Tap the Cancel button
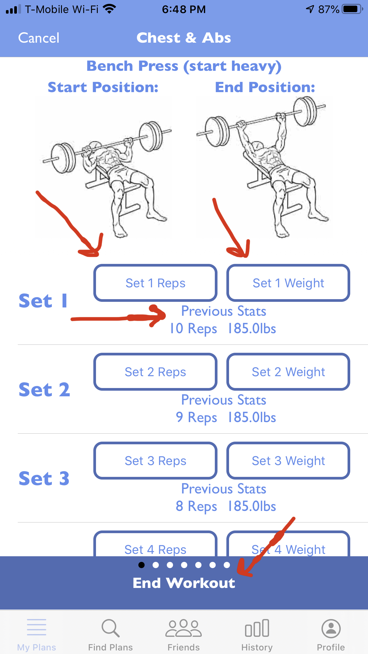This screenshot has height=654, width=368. click(39, 38)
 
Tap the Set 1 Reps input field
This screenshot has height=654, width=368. click(156, 283)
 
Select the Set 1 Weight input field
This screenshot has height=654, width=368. click(288, 283)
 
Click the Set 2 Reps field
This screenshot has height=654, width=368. click(156, 372)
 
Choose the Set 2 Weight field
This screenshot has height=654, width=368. click(288, 372)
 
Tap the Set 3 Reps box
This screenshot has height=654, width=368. click(156, 461)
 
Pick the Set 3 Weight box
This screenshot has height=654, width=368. click(288, 461)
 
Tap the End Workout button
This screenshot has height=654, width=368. click(184, 583)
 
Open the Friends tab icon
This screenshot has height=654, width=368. click(184, 628)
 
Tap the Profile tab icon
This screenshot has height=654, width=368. click(331, 628)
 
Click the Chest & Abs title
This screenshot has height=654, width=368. click(184, 38)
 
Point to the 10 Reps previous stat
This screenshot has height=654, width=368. click(193, 329)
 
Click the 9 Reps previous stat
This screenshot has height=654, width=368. click(196, 418)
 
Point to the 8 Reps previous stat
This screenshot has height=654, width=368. click(196, 506)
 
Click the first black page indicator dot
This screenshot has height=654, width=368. click(142, 565)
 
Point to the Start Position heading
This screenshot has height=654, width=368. click(103, 87)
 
